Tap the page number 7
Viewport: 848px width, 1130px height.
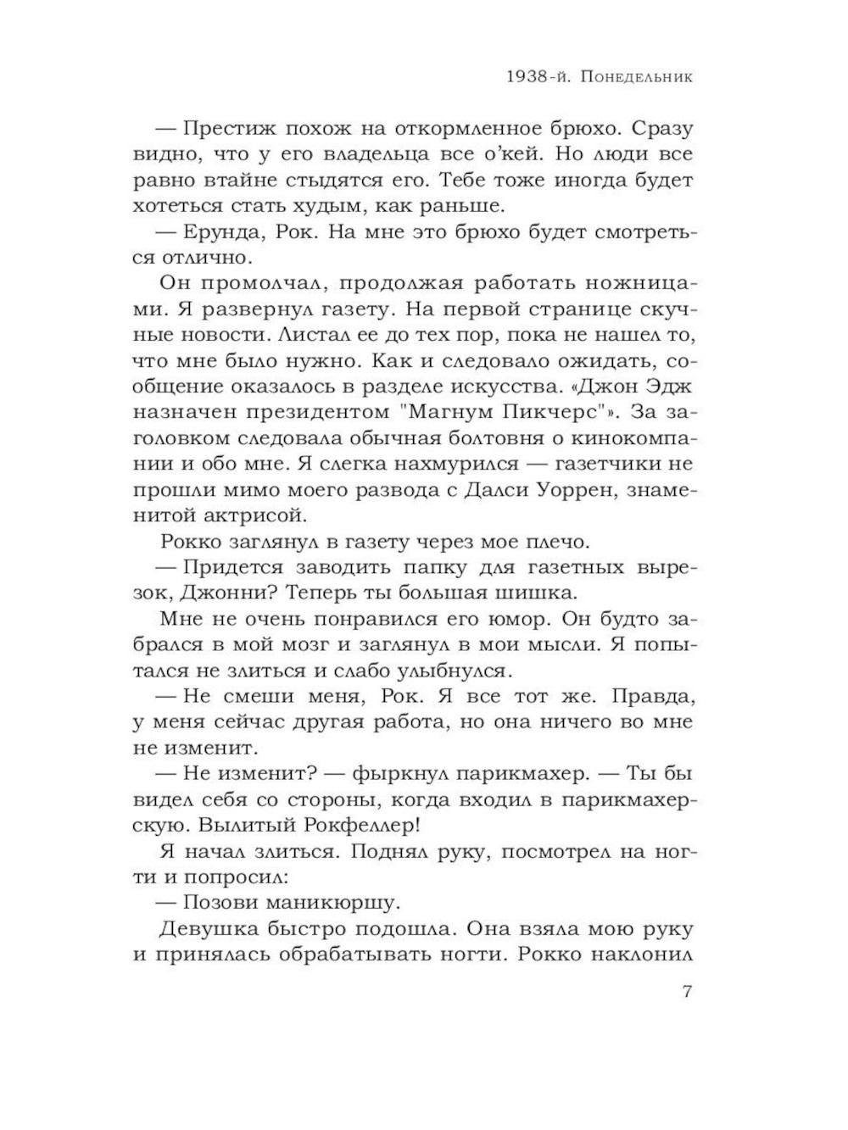(687, 991)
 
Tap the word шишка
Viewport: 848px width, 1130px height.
(536, 592)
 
